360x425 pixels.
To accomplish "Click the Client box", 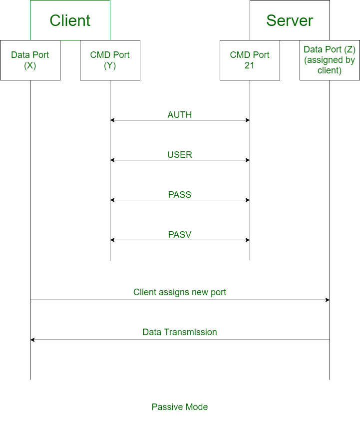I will coord(70,20).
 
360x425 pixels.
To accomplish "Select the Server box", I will coord(290,20).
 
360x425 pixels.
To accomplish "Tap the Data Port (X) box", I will coord(30,60).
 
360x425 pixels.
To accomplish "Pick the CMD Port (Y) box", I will coord(110,60).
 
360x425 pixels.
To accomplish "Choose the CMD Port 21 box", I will coord(250,60).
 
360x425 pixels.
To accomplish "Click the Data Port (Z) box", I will coord(330,60).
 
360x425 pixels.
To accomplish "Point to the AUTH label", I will coord(180,115).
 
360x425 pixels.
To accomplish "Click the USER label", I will coord(180,155).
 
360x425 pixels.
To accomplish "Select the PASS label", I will coord(180,195).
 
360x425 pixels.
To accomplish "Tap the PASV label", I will coord(180,235).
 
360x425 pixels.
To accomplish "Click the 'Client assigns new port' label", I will coord(180,292).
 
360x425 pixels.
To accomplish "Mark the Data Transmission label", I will coord(180,332).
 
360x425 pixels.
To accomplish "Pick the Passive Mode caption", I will coord(180,407).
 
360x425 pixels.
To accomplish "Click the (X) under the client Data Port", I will coord(30,65).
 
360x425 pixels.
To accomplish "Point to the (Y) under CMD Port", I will coord(110,65).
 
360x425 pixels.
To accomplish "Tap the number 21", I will coord(250,65).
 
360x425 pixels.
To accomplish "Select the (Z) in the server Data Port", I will coord(349,49).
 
